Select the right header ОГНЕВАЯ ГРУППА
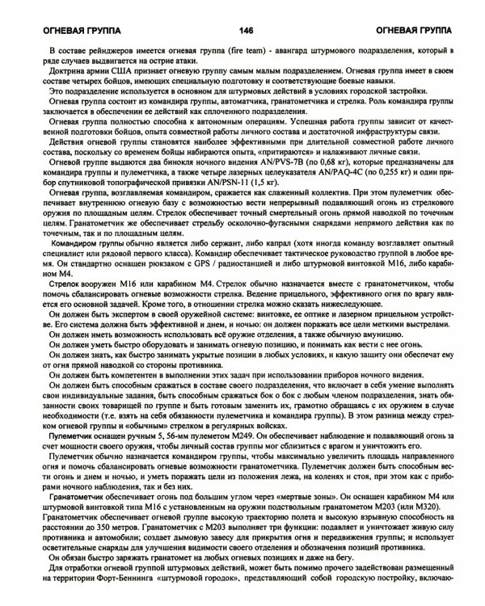coord(418,32)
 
